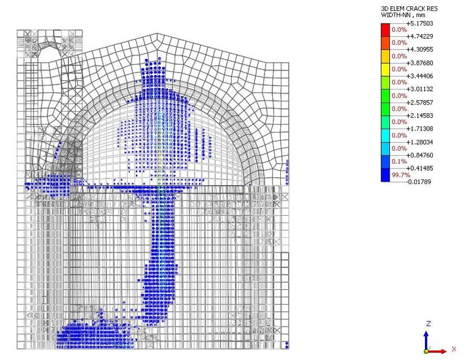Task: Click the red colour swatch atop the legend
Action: [386, 30]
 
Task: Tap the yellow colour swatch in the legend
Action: [386, 69]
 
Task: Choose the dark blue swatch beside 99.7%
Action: [386, 175]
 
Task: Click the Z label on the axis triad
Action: [429, 323]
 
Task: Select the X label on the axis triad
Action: [453, 349]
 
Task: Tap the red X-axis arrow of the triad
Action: [440, 349]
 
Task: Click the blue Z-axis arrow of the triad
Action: [427, 339]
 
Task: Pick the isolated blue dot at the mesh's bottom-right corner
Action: [287, 345]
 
